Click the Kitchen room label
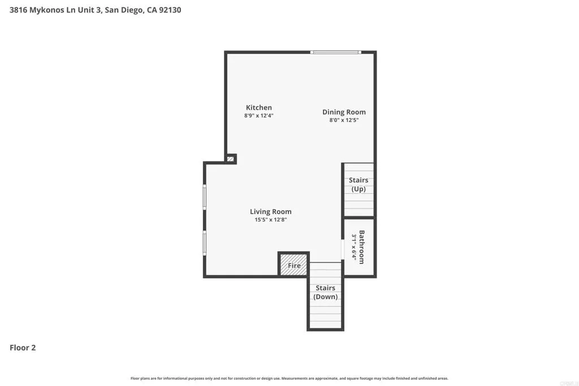pos(258,107)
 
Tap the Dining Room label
pos(344,112)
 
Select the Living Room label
pos(271,212)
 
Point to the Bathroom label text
pos(362,247)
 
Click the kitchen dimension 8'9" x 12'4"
pos(258,115)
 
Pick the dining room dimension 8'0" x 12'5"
pos(344,120)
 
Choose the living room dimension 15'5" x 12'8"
pos(271,220)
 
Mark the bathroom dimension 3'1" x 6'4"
pos(355,247)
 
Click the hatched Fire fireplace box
pos(294,264)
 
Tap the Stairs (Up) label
pos(358,185)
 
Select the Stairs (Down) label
pos(326,292)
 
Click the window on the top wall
pos(335,52)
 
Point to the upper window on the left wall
pos(205,197)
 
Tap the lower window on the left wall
pos(205,242)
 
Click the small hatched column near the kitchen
pos(231,159)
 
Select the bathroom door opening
pos(343,249)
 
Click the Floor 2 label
pos(23,348)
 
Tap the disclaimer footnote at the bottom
pos(289,378)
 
